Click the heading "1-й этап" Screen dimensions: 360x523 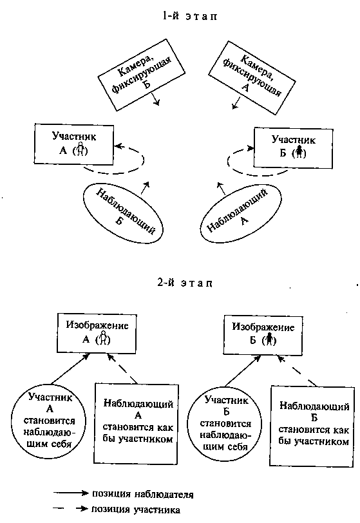189,15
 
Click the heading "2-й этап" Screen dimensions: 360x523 184,283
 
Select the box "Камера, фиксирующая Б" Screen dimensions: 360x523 142,75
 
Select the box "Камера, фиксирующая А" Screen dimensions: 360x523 252,78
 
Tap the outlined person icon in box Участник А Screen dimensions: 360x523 80,149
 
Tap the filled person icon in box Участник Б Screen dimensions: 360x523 299,152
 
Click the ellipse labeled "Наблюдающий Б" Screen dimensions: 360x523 123,213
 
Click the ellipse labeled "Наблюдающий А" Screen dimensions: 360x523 242,213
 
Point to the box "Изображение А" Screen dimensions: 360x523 97,333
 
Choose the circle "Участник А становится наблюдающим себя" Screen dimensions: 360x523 49,420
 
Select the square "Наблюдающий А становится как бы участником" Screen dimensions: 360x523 137,424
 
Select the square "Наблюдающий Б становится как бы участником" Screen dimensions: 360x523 312,426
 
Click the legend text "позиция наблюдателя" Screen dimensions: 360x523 142,494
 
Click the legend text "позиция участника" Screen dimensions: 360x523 136,509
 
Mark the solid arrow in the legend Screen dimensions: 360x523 71,493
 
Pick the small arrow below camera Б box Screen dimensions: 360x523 155,99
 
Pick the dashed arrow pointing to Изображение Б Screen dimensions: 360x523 297,371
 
